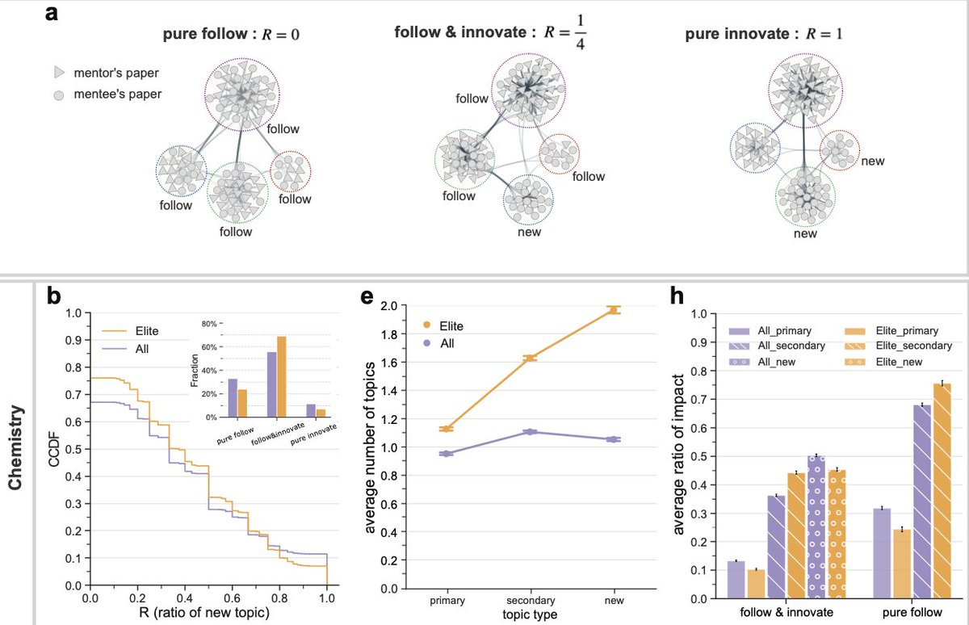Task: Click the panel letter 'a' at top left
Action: tap(51, 15)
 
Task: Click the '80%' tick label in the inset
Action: tap(209, 324)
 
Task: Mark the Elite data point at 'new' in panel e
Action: tap(614, 309)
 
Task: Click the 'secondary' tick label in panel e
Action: tap(530, 601)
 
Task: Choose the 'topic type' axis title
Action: tap(530, 616)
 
